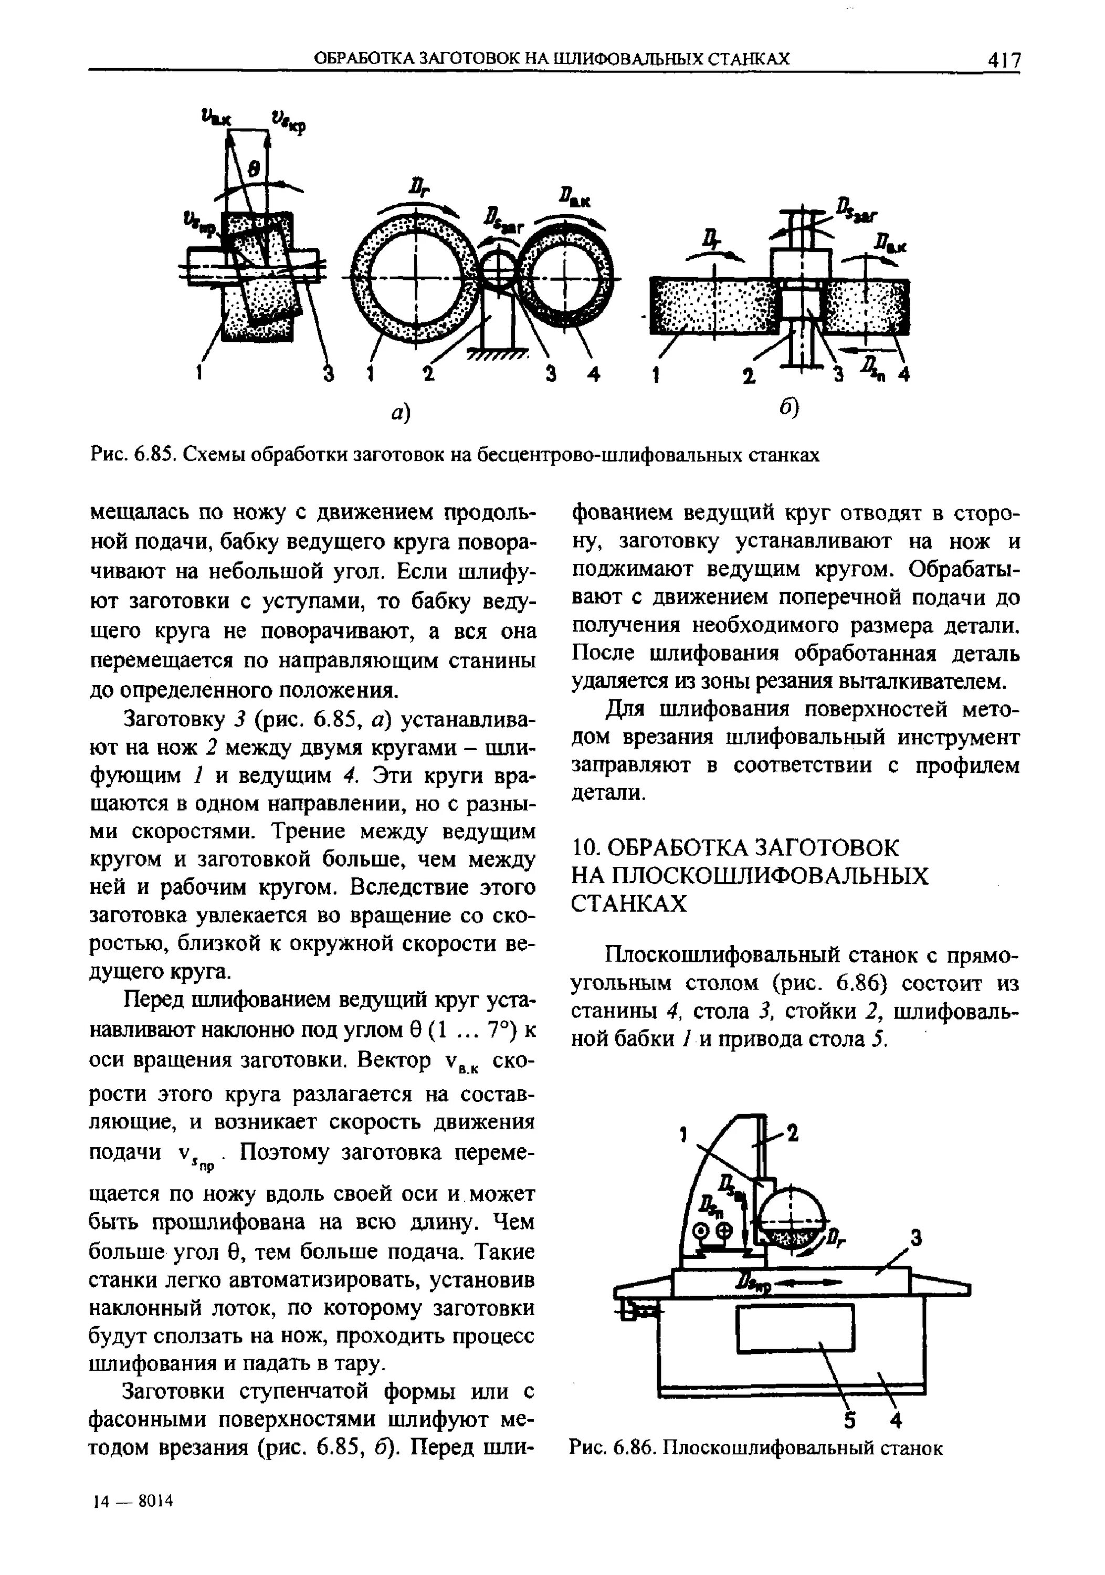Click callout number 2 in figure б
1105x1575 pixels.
click(x=749, y=375)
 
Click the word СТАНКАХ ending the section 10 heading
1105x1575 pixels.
click(x=628, y=904)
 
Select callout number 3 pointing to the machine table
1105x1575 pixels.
click(x=915, y=1238)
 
